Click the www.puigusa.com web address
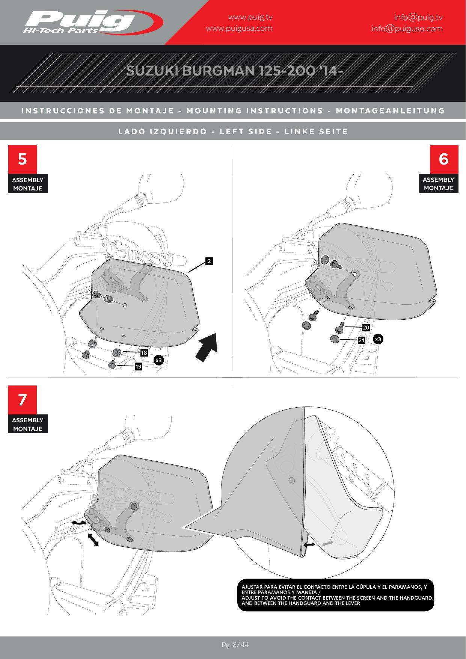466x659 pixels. (x=239, y=28)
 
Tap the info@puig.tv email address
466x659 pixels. (x=418, y=17)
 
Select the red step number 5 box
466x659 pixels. (x=23, y=159)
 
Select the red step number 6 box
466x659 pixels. (x=444, y=159)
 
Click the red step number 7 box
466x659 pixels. (x=23, y=400)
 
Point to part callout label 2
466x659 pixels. (x=209, y=261)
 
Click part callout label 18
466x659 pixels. (x=144, y=353)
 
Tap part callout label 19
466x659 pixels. (x=139, y=366)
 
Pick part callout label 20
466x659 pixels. (x=366, y=328)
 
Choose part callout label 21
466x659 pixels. (x=362, y=340)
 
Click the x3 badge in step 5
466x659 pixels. (x=159, y=360)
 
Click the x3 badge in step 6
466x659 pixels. (x=378, y=339)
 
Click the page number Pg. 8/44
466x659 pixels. (x=235, y=645)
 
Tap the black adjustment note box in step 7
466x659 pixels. (x=336, y=595)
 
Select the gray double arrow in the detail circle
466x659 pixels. (x=327, y=544)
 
